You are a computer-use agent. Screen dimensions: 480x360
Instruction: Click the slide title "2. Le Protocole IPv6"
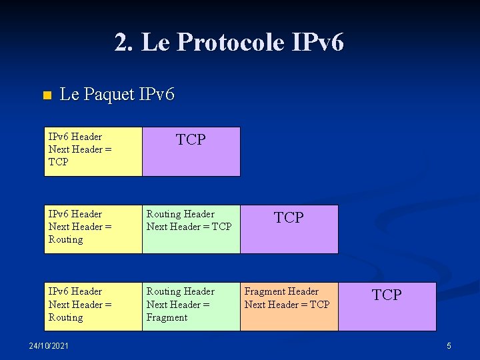229,43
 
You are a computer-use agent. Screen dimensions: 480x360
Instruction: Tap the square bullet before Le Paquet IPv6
46,95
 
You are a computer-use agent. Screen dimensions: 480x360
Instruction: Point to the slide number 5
449,346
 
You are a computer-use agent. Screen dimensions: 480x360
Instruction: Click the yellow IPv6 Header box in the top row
93,151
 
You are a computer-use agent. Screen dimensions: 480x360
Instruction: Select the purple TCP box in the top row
191,151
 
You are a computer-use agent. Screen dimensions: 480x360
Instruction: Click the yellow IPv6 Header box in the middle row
93,229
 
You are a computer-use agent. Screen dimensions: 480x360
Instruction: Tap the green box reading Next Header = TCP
191,229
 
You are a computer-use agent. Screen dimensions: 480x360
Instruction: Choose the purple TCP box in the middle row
289,229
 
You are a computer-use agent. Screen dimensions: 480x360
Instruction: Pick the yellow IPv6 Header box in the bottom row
93,306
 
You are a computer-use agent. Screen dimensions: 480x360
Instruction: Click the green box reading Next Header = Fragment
191,306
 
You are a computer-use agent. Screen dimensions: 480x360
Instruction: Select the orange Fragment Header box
289,306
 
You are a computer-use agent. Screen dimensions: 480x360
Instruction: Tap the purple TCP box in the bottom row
387,306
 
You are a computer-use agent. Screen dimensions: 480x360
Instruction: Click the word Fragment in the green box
167,317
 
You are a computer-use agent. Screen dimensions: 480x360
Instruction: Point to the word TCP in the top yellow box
59,162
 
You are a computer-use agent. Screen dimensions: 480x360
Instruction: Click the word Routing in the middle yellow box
66,239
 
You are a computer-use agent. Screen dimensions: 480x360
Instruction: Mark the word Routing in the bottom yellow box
66,317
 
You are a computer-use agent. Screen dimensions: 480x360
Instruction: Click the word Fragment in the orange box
265,291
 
